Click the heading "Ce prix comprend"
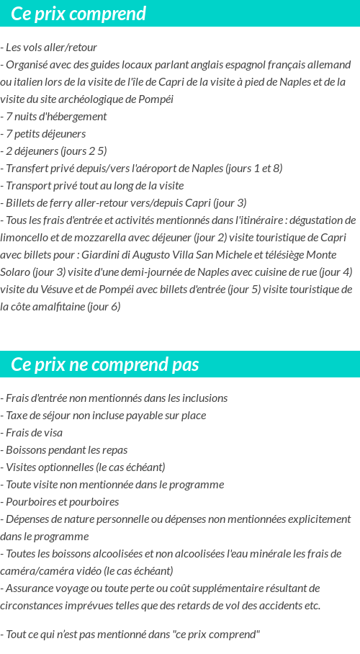[x=78, y=14]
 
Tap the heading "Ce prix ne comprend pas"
[x=105, y=364]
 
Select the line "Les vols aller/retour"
[x=51, y=47]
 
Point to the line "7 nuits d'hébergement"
[x=55, y=116]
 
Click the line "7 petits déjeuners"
[x=45, y=133]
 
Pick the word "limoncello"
[x=24, y=237]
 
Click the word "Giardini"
[x=101, y=254]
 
